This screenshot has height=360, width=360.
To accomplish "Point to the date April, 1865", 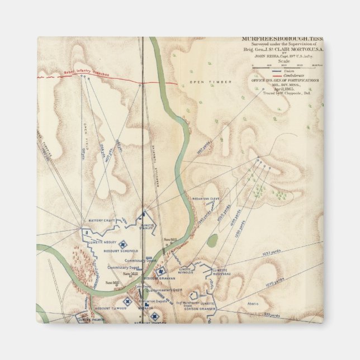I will click(282, 89).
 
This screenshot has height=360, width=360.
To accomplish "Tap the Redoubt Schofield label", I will click(117, 253).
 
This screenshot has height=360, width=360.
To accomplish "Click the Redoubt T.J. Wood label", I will click(109, 308).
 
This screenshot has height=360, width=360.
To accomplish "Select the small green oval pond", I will click(212, 240).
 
